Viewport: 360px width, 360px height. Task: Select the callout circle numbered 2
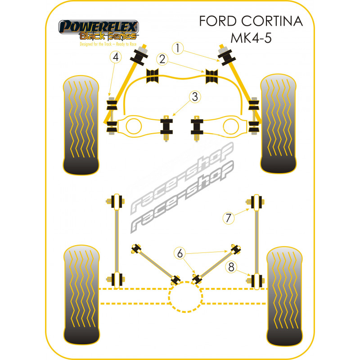pyautogui.click(x=162, y=59)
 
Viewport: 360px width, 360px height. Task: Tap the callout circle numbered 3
pyautogui.click(x=195, y=97)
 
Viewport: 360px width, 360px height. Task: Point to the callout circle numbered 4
pyautogui.click(x=116, y=57)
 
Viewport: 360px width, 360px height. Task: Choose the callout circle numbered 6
pyautogui.click(x=180, y=254)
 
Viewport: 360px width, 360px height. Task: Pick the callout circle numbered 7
pyautogui.click(x=228, y=218)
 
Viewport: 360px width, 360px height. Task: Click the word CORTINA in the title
pyautogui.click(x=275, y=22)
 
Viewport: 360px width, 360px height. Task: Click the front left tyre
pyautogui.click(x=81, y=126)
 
